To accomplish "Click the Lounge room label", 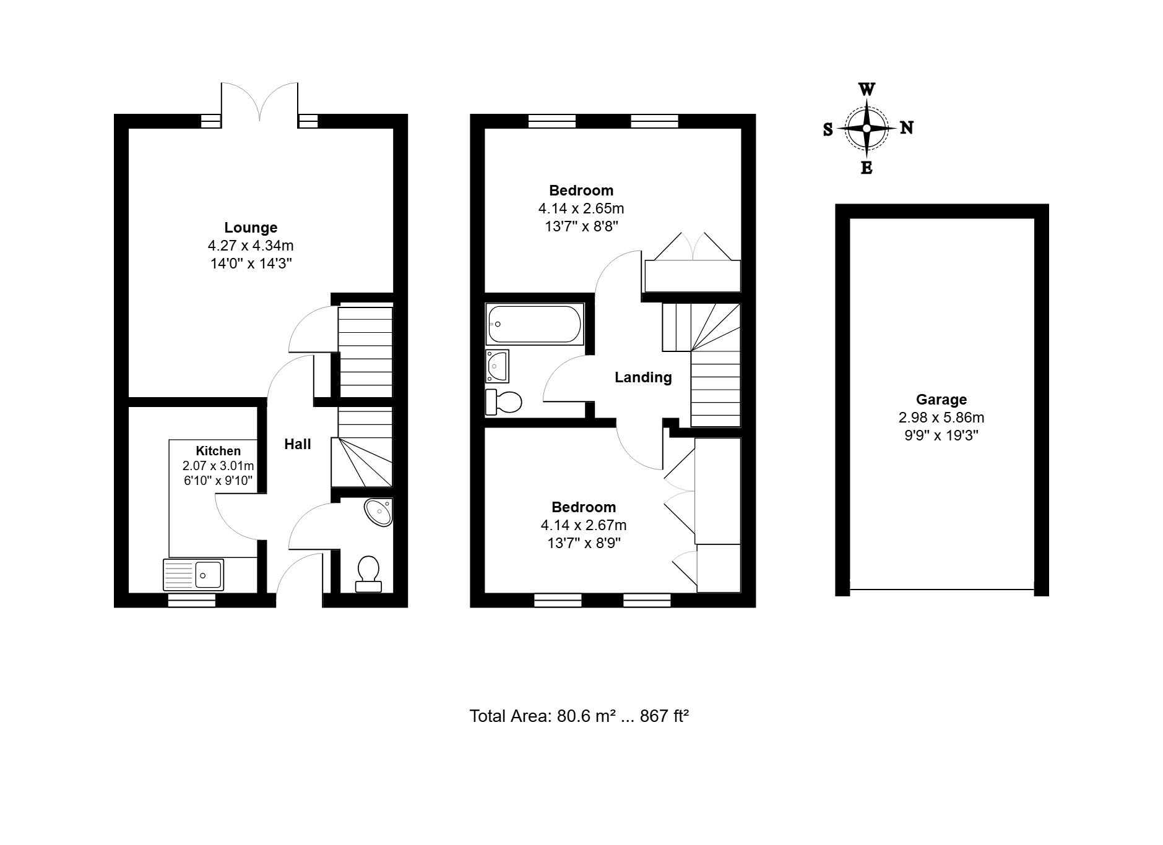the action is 251,228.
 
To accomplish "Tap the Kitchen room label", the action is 218,451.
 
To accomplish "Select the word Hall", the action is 298,444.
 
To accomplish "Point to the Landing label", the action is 643,377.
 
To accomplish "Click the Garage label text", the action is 941,400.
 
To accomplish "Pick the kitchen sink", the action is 193,575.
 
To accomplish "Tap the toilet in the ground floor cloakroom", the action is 368,573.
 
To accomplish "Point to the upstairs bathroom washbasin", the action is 497,366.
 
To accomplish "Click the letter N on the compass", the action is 906,128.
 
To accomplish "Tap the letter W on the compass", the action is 867,90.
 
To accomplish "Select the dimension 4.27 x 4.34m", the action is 251,246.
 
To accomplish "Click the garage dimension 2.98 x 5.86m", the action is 941,418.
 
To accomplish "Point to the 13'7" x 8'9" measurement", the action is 584,543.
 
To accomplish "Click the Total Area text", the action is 579,716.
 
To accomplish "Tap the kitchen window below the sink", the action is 192,600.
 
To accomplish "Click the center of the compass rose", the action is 867,129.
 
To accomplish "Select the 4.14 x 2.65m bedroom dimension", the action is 581,208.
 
